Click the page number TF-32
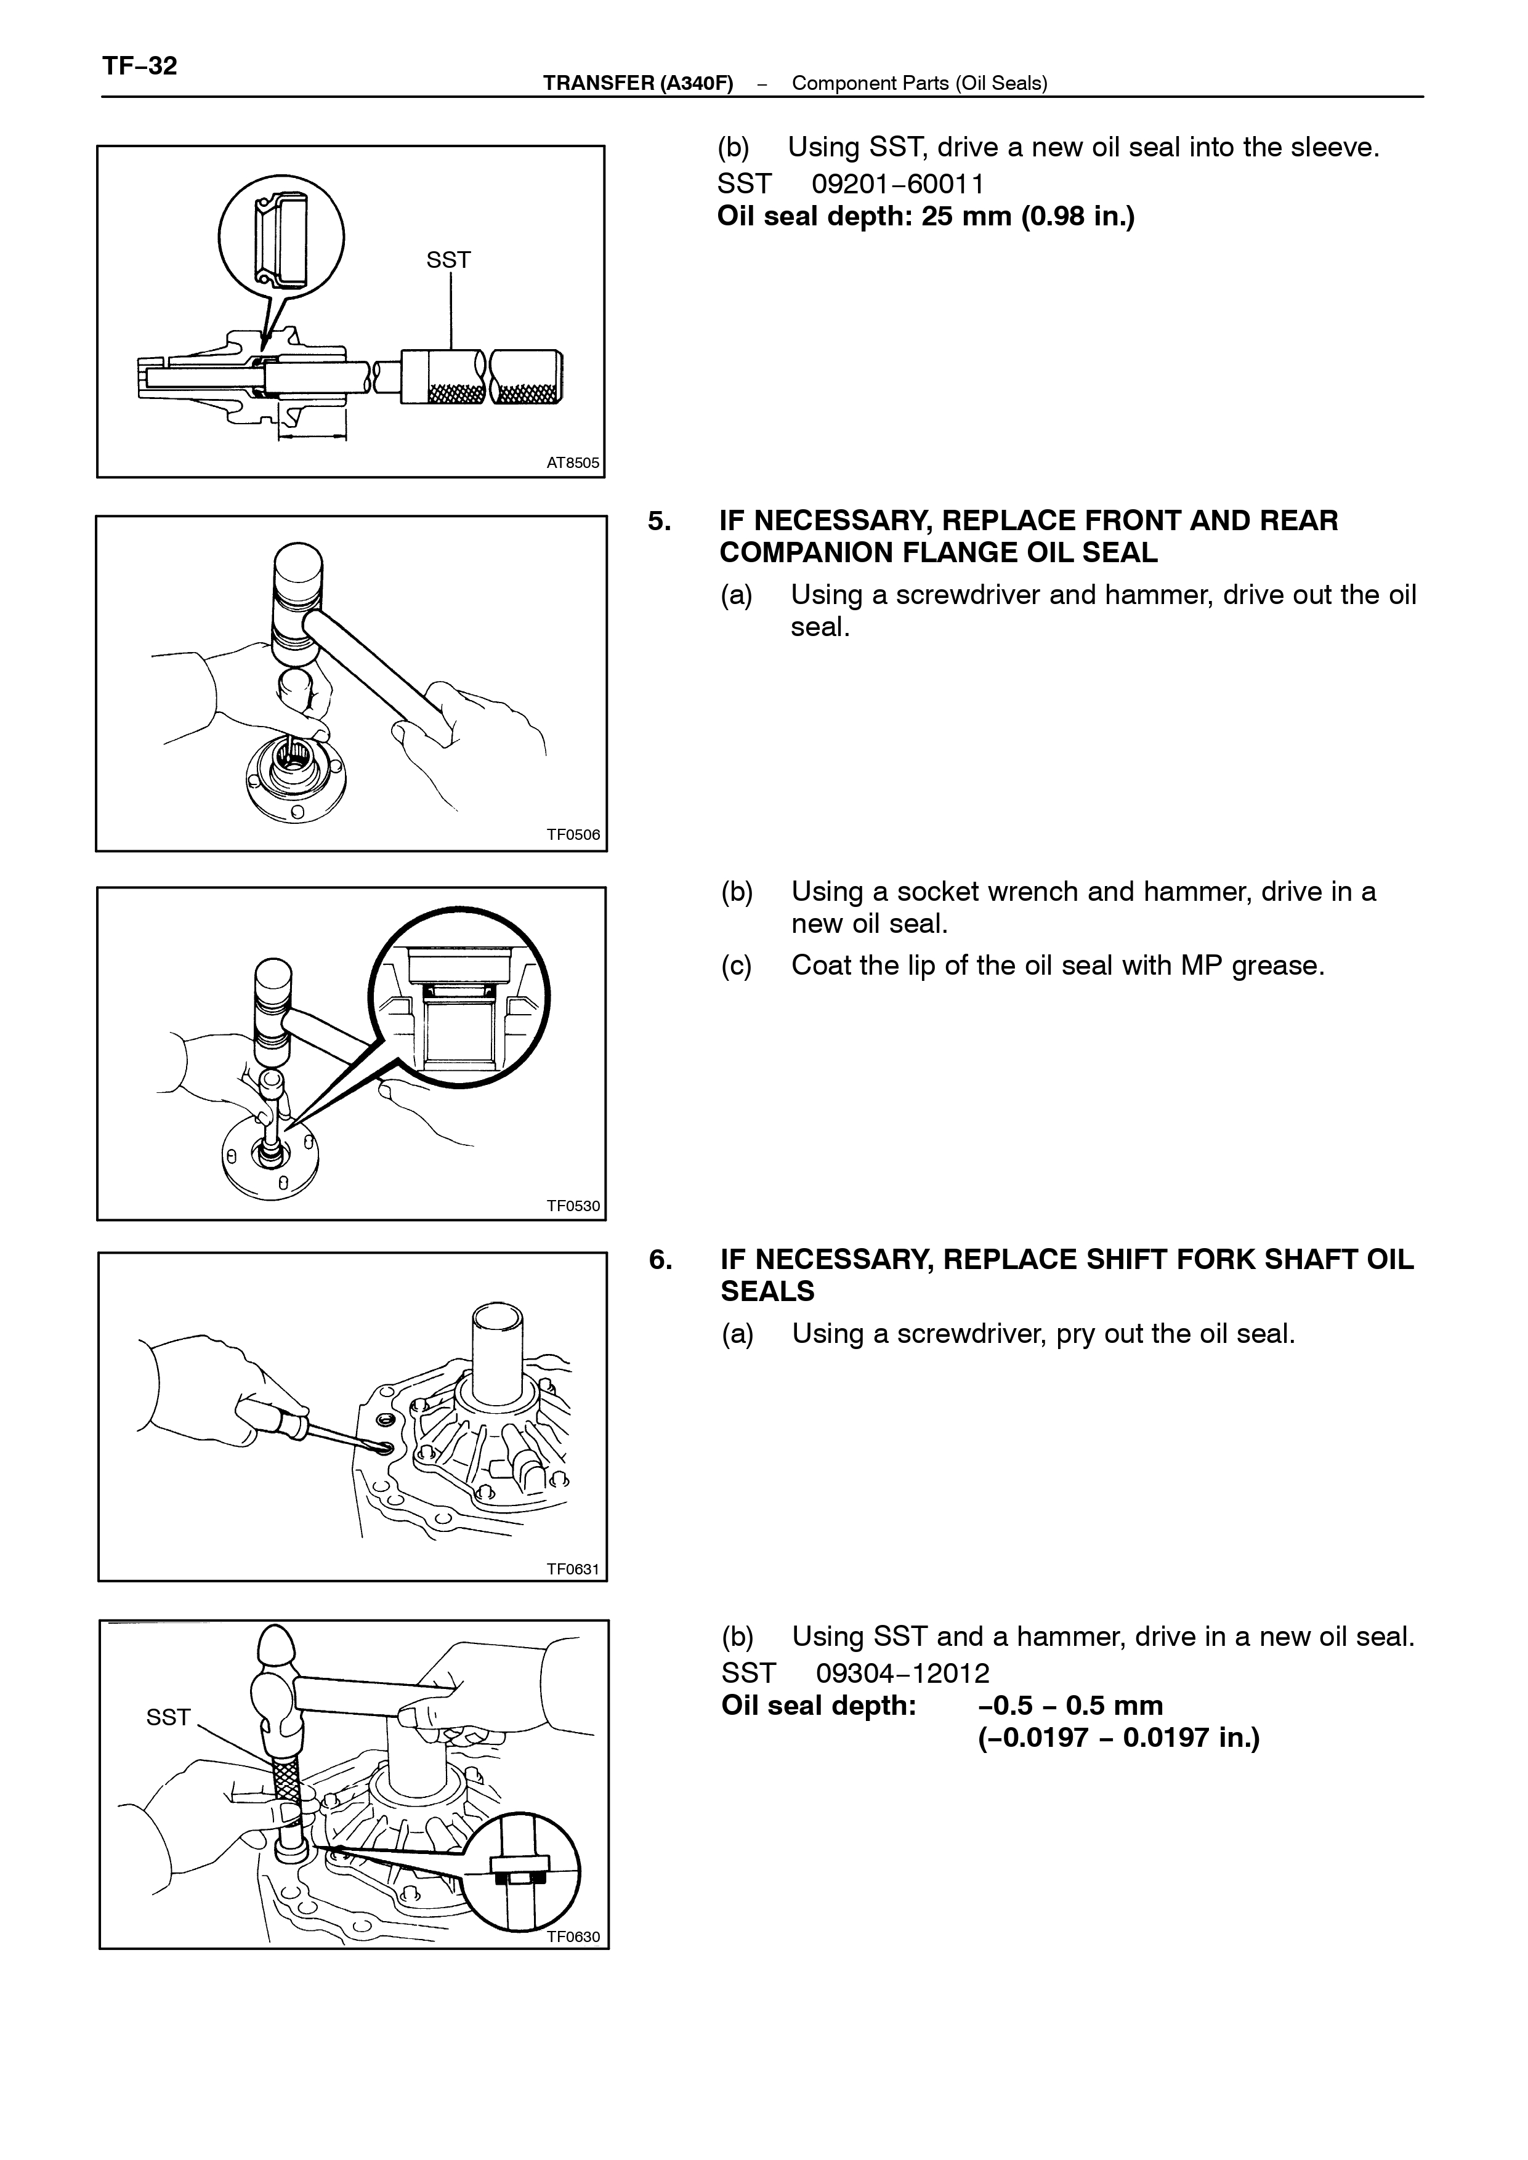coord(139,66)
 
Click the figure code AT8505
coord(573,463)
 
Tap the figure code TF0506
coord(573,834)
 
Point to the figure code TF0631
coord(573,1568)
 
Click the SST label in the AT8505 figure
coord(449,260)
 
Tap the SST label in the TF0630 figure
coord(168,1717)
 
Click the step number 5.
coord(658,520)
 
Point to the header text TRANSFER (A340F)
coord(638,83)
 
